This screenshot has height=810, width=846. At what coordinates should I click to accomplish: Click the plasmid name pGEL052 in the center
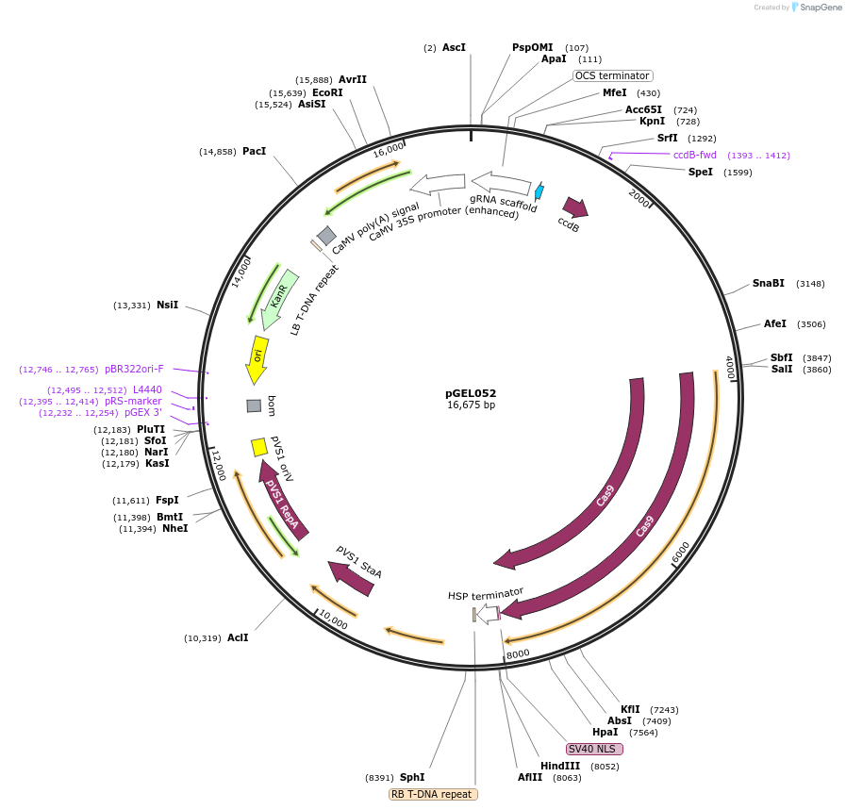pos(471,393)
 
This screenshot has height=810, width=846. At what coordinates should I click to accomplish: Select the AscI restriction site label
pos(454,47)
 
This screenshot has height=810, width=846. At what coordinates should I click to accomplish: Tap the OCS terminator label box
pos(612,75)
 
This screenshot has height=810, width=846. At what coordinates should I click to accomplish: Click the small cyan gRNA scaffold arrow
pos(539,191)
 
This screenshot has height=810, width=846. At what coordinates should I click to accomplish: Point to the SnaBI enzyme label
pos(768,283)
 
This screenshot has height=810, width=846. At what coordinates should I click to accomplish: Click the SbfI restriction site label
pos(781,357)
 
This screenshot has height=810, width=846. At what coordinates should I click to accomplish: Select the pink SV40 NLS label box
pos(594,749)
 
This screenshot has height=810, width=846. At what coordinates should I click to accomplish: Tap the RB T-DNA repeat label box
pos(433,794)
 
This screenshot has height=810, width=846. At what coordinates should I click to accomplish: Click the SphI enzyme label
pos(412,777)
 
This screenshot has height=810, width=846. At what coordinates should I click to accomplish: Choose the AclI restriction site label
pos(238,637)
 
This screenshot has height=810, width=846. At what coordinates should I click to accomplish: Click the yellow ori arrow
pos(257,359)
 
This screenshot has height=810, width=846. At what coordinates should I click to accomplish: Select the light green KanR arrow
pos(280,298)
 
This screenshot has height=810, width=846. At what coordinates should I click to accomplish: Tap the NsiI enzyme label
pos(167,305)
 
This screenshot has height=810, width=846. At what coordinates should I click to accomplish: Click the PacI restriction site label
pos(254,151)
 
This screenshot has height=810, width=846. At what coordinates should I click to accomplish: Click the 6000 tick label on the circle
pos(681,553)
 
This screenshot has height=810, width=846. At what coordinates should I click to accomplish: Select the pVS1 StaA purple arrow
pos(351,577)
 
